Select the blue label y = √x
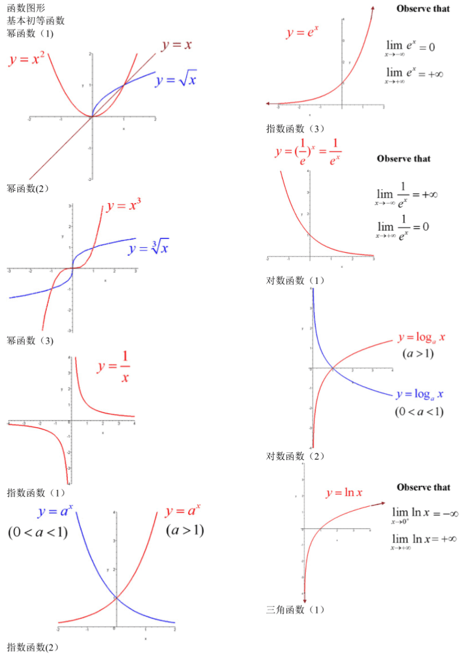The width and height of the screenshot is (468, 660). tap(176, 80)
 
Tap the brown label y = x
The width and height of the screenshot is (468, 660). tap(177, 45)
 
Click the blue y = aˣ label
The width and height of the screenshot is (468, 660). tap(55, 512)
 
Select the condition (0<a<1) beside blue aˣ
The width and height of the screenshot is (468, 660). tap(37, 532)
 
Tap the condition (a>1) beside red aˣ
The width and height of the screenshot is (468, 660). tap(186, 531)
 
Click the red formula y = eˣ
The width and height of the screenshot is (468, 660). tap(302, 33)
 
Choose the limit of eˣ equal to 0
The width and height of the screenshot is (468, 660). tap(410, 47)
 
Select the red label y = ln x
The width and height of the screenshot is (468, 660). tap(344, 493)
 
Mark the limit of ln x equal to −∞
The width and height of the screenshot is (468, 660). tap(425, 514)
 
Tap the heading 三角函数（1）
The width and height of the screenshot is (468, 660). tap(295, 610)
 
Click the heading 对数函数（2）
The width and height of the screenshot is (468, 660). tap(295, 456)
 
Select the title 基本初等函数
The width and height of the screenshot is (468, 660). tap(36, 20)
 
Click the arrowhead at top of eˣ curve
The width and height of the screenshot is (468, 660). tap(374, 8)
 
